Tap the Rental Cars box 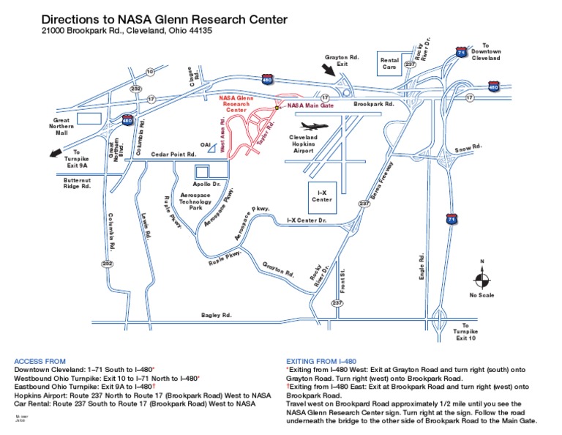(389, 64)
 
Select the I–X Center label (322, 196)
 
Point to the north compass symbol (482, 278)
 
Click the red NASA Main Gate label (310, 105)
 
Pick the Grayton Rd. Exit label (342, 59)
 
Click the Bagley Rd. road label (217, 315)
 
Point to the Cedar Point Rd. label (174, 155)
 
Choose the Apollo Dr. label (206, 185)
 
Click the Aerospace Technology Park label (195, 201)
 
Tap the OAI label (206, 145)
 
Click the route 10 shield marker (150, 72)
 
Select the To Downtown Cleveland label (485, 52)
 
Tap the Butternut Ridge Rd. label (76, 183)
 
